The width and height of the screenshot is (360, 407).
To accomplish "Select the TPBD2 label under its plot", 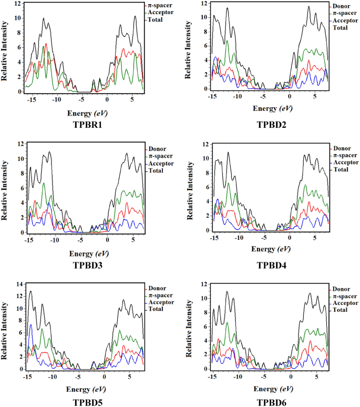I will [x=272, y=125].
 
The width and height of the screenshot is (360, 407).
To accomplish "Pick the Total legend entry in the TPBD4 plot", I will [x=341, y=169].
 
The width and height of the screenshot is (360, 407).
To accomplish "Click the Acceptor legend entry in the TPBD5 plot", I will [x=162, y=302].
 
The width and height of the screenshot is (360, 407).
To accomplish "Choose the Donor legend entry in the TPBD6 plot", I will [x=343, y=289].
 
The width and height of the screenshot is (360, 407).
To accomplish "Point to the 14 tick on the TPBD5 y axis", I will [x=17, y=284].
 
